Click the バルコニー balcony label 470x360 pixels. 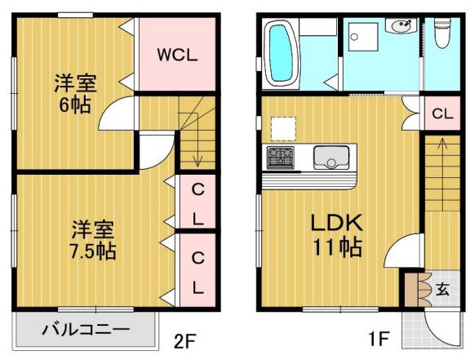pyautogui.click(x=85, y=331)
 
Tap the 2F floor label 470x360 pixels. pyautogui.click(x=185, y=337)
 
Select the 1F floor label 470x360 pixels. pyautogui.click(x=383, y=337)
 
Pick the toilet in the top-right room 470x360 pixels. pyautogui.click(x=443, y=37)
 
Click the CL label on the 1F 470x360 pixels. pyautogui.click(x=441, y=113)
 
